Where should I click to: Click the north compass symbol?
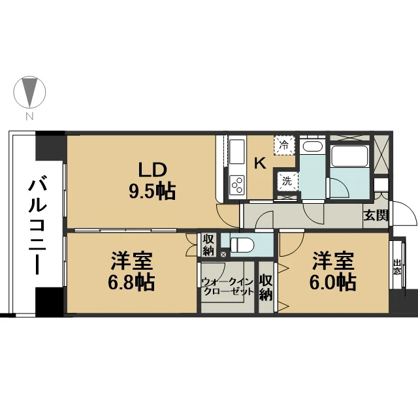(x=29, y=92)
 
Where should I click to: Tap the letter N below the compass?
(x=29, y=116)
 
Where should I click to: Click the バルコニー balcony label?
(x=38, y=227)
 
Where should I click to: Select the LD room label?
(x=152, y=170)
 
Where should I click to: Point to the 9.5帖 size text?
(x=152, y=191)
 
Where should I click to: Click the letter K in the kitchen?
(x=260, y=163)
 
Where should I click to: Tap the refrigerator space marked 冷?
(x=284, y=145)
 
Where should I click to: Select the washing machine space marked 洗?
(x=287, y=182)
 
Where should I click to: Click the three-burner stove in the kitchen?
(x=237, y=184)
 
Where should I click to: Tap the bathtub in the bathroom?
(x=350, y=156)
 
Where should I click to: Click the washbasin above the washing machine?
(x=312, y=147)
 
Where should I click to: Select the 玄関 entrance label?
(x=376, y=215)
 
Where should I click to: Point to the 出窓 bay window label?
(x=397, y=267)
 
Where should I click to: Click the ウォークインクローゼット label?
(x=227, y=286)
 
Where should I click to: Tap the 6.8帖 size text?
(x=131, y=282)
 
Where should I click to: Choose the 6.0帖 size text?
(x=333, y=282)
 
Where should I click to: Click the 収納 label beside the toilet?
(x=208, y=246)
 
